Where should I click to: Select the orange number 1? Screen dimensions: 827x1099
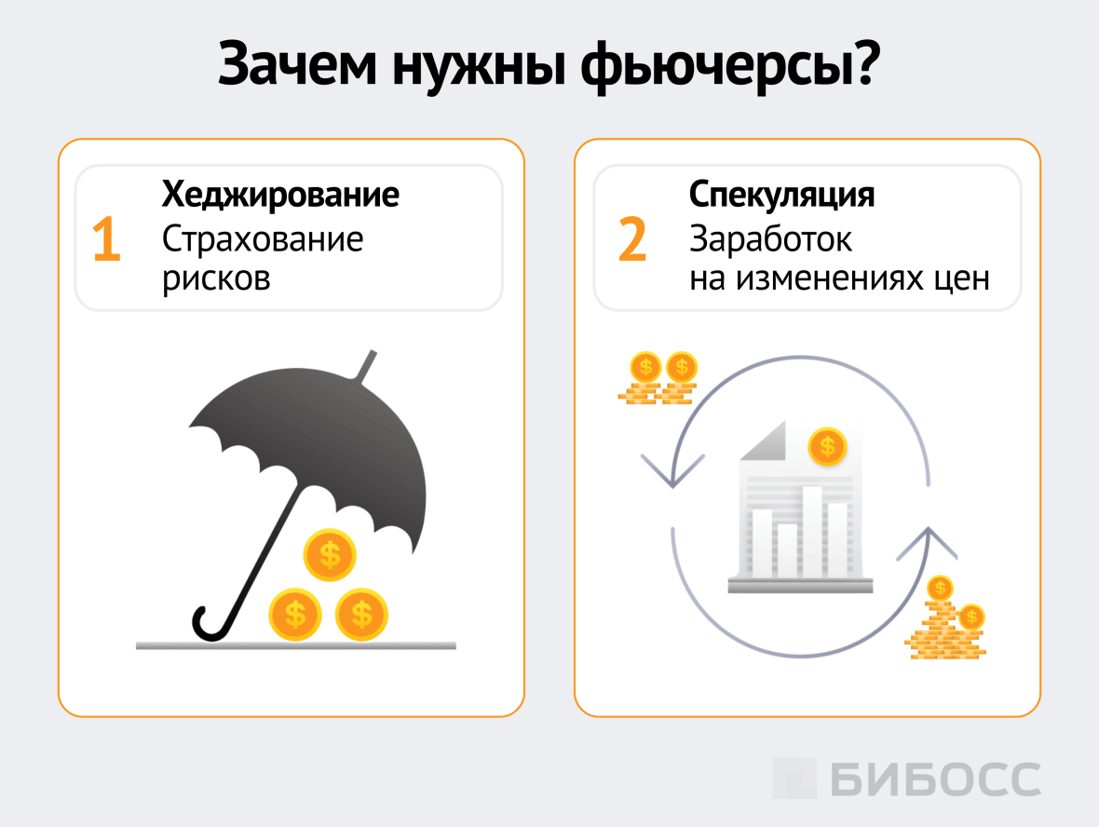click(x=106, y=239)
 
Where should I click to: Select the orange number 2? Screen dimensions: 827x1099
click(x=631, y=239)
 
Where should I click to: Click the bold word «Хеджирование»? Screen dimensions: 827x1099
click(x=280, y=196)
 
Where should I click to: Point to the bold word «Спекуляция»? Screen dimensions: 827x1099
click(x=781, y=196)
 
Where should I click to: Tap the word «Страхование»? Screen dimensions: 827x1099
click(x=263, y=239)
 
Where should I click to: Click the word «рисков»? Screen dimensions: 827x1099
click(x=216, y=278)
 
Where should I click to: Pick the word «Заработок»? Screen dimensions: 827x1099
click(x=770, y=239)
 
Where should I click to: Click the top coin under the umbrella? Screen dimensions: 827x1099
click(x=330, y=555)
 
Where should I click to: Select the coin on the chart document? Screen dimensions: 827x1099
click(x=827, y=447)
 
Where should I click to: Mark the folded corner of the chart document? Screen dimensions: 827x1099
click(x=767, y=440)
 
